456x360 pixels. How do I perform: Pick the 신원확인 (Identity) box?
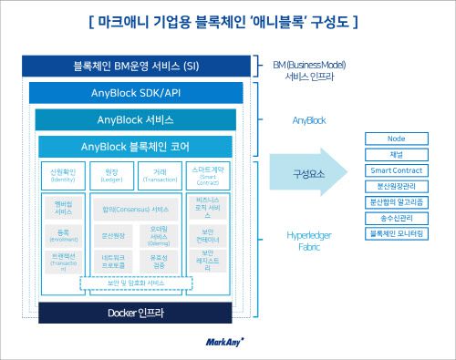(63, 175)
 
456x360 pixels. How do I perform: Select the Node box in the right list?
(396, 139)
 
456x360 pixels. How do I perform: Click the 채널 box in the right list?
(396, 155)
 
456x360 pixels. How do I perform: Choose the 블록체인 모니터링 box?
(396, 234)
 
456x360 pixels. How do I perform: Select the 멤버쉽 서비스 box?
(63, 207)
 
